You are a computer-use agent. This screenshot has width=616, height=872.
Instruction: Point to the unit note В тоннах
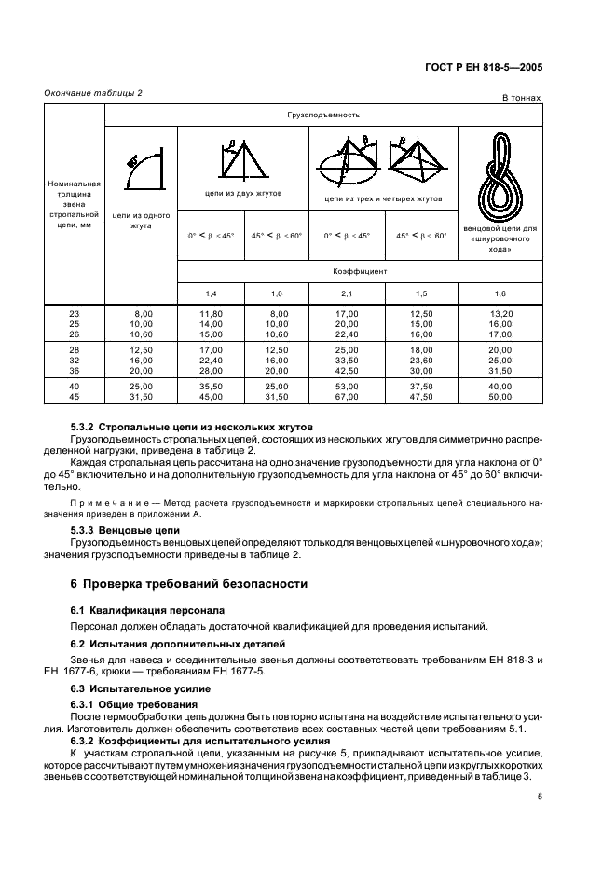521,97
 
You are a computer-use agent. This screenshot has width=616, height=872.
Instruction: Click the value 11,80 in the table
212,314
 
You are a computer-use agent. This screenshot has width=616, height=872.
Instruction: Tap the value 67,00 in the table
347,396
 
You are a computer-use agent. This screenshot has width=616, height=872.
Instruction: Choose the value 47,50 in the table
422,396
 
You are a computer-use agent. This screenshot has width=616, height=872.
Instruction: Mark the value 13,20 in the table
501,314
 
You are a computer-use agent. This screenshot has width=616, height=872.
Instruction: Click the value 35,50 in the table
212,387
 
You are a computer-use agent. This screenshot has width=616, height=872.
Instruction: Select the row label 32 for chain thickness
75,359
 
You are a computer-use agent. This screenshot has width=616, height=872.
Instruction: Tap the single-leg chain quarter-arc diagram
140,169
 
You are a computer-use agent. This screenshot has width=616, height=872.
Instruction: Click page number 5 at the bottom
539,797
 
